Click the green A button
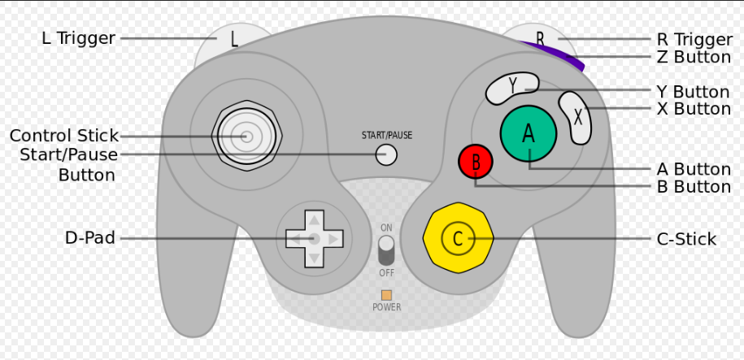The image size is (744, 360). point(529,132)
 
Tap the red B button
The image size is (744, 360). point(476,162)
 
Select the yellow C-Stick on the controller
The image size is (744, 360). point(458,238)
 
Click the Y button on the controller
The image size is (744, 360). point(512,88)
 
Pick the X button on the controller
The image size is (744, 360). point(576,118)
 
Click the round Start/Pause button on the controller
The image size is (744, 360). point(386,154)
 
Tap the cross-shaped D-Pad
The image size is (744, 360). point(313,238)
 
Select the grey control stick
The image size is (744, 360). point(245,137)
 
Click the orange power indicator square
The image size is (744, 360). point(386,295)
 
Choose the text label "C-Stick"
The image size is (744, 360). point(686,239)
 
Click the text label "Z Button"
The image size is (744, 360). point(693,57)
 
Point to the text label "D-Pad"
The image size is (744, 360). point(89,238)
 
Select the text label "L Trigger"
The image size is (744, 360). point(77,38)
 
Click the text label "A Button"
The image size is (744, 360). point(693,169)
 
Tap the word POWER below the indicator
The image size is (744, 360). point(386,308)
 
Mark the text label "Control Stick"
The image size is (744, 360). point(63,136)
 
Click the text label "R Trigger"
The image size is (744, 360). point(694,39)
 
